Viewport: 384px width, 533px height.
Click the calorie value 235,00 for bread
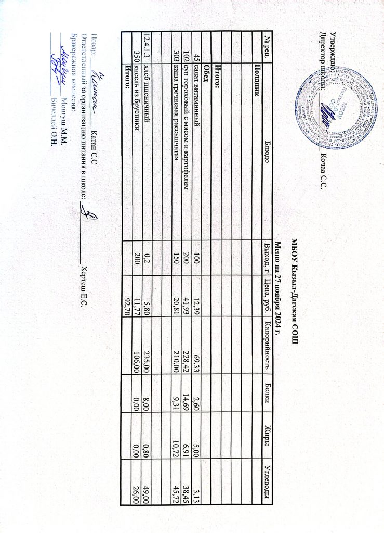(x=147, y=349)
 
